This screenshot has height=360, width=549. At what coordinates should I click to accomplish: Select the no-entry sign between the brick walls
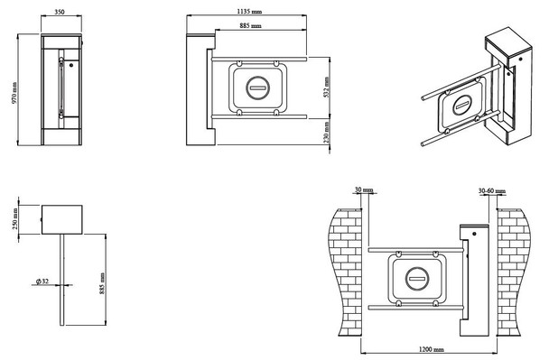tap(418, 279)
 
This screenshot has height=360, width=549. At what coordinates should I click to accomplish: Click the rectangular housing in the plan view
tap(62, 219)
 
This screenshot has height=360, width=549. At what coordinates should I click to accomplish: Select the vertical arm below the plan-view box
tap(62, 280)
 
